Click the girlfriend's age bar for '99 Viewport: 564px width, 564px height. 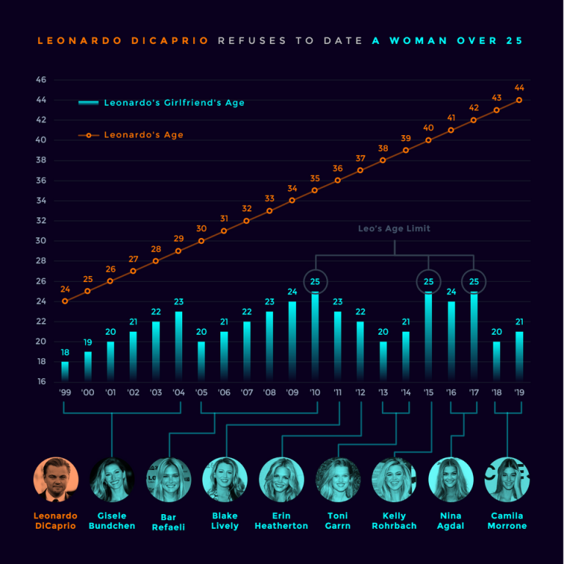pyautogui.click(x=65, y=371)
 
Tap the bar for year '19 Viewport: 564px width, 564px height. pyautogui.click(x=518, y=356)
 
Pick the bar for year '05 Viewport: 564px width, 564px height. pyautogui.click(x=201, y=361)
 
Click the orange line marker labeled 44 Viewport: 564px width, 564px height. pyautogui.click(x=519, y=100)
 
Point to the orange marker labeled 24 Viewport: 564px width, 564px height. pyautogui.click(x=65, y=301)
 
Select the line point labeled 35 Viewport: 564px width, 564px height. pyautogui.click(x=315, y=190)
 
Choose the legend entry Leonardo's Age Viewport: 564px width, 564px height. pyautogui.click(x=143, y=135)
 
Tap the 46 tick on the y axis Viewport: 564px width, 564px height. pyautogui.click(x=41, y=79)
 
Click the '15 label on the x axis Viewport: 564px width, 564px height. pyautogui.click(x=428, y=393)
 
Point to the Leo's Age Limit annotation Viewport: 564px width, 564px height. pyautogui.click(x=394, y=229)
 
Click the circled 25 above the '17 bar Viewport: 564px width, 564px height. pyautogui.click(x=474, y=281)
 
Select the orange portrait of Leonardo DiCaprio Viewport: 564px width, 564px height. pyautogui.click(x=56, y=480)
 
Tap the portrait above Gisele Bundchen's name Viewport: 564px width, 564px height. pyautogui.click(x=112, y=480)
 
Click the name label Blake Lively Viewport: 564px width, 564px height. pyautogui.click(x=225, y=521)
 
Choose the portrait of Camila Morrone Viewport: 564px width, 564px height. pyautogui.click(x=507, y=480)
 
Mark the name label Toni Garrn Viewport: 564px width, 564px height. pyautogui.click(x=338, y=521)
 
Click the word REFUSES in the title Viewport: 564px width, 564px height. pyautogui.click(x=253, y=41)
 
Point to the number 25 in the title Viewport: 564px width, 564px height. pyautogui.click(x=513, y=41)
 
